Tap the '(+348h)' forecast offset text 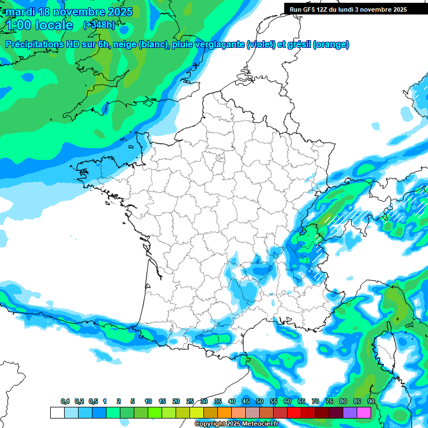pyautogui.click(x=99, y=25)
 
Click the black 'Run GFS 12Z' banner pyautogui.click(x=348, y=9)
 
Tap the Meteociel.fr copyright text pyautogui.click(x=236, y=424)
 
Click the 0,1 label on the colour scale pyautogui.click(x=65, y=401)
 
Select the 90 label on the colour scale pyautogui.click(x=371, y=401)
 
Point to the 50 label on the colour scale pyautogui.click(x=260, y=401)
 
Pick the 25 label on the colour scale pyautogui.click(x=190, y=401)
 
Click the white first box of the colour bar pyautogui.click(x=57, y=412)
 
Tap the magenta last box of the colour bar pyautogui.click(x=364, y=412)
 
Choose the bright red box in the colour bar pyautogui.click(x=294, y=412)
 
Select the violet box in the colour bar pyautogui.click(x=350, y=412)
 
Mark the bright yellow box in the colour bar pyautogui.click(x=197, y=412)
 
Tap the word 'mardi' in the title pyautogui.click(x=18, y=12)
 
